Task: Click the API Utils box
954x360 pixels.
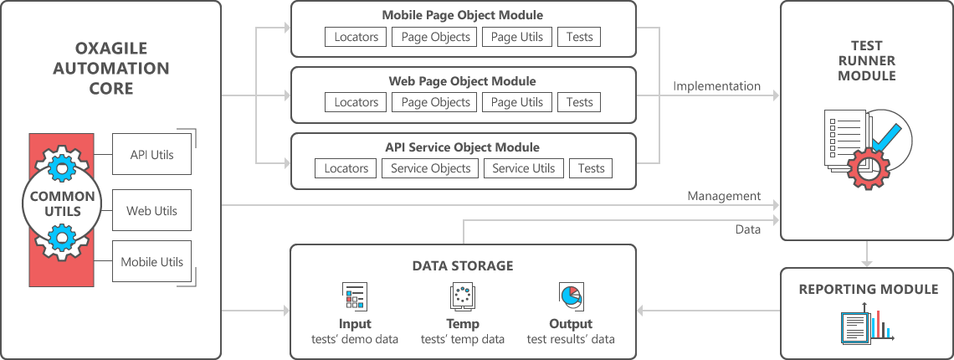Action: (151, 155)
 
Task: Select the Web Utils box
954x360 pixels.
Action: (151, 211)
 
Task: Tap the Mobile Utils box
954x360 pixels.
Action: (151, 262)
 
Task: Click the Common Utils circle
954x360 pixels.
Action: (62, 204)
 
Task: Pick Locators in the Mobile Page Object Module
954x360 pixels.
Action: (356, 37)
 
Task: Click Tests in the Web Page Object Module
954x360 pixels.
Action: (579, 102)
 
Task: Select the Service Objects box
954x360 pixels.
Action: (430, 168)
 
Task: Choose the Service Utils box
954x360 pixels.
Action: (523, 168)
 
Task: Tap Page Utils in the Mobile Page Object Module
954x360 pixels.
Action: (517, 37)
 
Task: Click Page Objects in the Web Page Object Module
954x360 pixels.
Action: (435, 102)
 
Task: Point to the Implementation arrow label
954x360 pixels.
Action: (716, 86)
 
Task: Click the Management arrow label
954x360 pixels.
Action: (724, 196)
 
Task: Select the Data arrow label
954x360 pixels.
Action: (748, 229)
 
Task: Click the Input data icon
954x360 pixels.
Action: (355, 296)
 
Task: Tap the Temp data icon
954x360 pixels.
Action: (463, 296)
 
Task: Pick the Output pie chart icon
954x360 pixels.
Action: (571, 296)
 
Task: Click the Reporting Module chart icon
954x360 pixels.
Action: (868, 323)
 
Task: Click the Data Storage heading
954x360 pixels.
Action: (463, 265)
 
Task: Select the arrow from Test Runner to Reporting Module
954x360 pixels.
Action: (867, 254)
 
